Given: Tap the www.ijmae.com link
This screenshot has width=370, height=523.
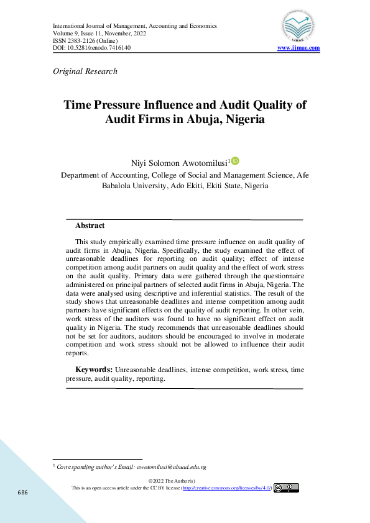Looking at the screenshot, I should tap(298, 48).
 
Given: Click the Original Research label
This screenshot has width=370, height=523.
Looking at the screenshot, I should tap(86, 71).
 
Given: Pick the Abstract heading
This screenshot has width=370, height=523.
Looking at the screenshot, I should tap(90, 226).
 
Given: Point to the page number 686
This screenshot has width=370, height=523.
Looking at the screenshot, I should tap(22, 492).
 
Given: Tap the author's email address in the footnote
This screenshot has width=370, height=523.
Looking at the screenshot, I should tap(171, 466).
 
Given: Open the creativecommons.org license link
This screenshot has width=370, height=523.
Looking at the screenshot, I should tap(226, 488).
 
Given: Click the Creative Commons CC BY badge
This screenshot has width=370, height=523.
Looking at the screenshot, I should tap(287, 488).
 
